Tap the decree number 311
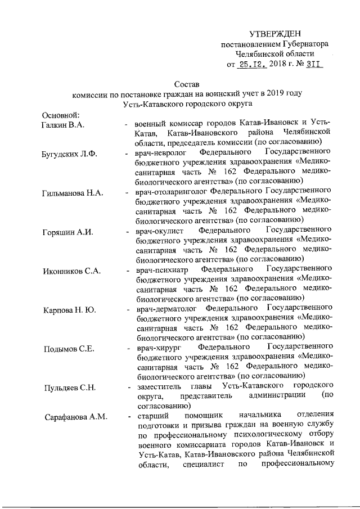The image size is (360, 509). point(312,64)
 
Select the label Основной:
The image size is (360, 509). point(61,115)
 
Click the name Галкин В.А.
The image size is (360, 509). point(63,124)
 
